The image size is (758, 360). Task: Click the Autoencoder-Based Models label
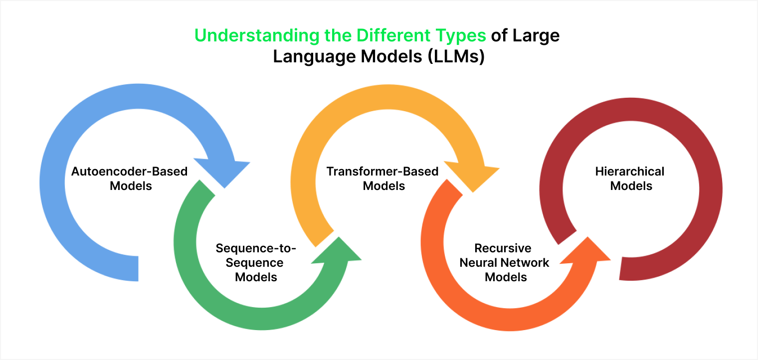coord(130,179)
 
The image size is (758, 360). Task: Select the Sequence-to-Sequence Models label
coord(256,262)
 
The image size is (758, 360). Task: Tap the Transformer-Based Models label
coord(382,179)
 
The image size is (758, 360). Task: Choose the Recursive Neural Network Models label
coord(504,262)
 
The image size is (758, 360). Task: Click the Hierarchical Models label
coord(630,179)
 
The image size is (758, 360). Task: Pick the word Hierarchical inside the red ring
coord(630,172)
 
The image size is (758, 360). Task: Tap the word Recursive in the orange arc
coord(503,248)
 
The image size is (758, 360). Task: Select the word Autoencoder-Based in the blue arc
coord(130,172)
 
